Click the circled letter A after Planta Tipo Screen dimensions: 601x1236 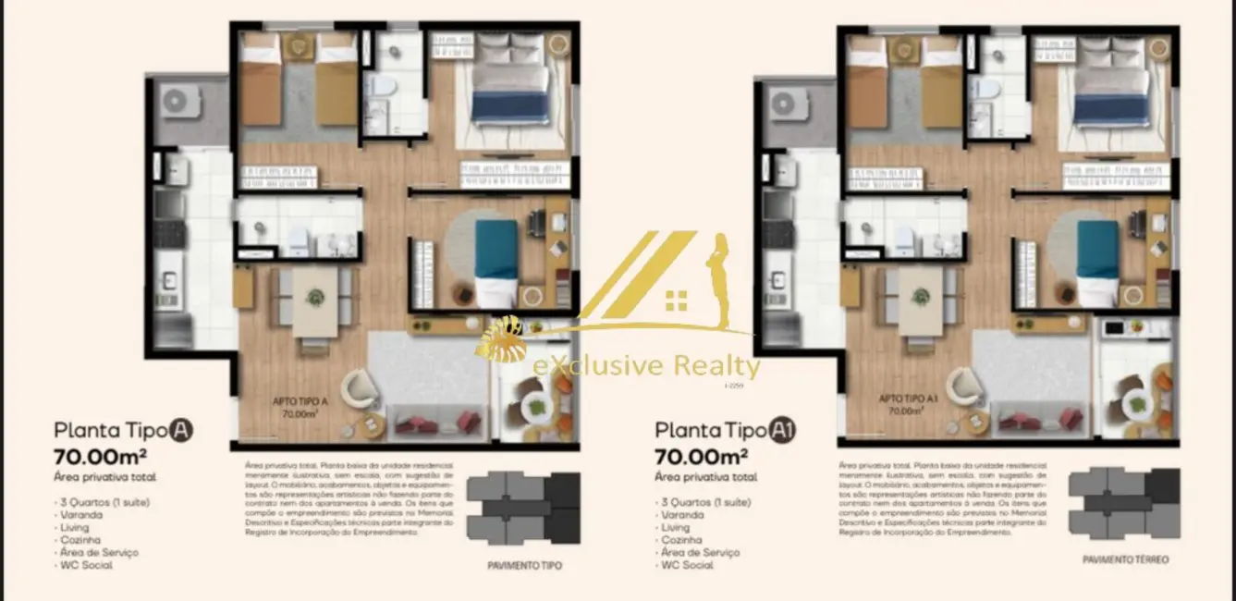(x=181, y=430)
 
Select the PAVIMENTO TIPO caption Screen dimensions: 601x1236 (x=524, y=565)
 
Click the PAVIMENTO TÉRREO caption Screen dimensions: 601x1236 (x=1126, y=560)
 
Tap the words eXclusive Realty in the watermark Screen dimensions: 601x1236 (x=646, y=366)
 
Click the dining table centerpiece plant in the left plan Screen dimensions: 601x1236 (x=316, y=297)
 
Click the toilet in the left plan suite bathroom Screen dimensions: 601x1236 (x=380, y=87)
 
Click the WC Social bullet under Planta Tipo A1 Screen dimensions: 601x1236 (x=685, y=565)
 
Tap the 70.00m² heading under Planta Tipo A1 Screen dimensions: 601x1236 (x=700, y=456)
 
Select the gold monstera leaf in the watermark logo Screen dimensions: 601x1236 (x=503, y=343)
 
